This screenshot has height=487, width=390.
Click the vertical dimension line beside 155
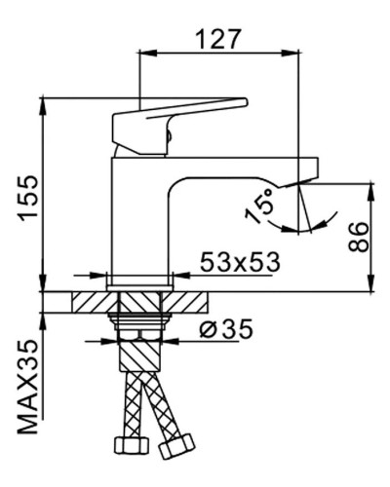click(44, 195)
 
